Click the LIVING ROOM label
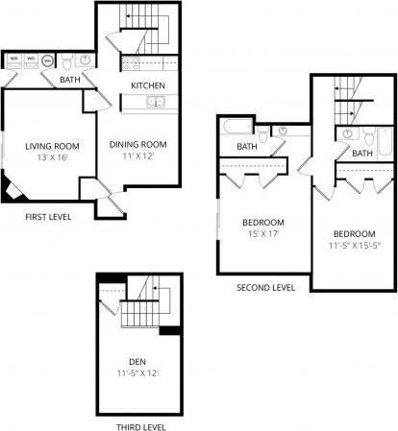52,146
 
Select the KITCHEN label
148,84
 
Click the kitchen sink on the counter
156,101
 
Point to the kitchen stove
132,65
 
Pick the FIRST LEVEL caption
48,217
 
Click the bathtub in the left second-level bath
236,128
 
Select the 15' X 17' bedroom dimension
260,233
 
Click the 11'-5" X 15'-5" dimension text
354,245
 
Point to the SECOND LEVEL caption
266,287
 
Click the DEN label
137,363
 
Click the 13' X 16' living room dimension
52,156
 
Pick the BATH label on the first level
70,80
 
